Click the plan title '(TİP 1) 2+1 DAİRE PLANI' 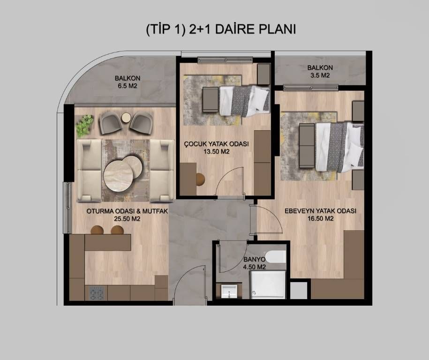[221, 30]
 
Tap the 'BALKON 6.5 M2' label [128, 82]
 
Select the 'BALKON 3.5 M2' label [320, 71]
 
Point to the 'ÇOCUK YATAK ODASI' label [216, 143]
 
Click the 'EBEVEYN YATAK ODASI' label [320, 211]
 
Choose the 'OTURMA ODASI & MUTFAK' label [127, 211]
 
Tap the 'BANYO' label [254, 259]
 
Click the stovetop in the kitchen [97, 293]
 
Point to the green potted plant [84, 126]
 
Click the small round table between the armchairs [126, 118]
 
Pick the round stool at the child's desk [201, 179]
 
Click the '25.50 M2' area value [127, 218]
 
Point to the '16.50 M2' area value [320, 218]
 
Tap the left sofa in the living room [90, 171]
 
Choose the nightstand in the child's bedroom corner [264, 74]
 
